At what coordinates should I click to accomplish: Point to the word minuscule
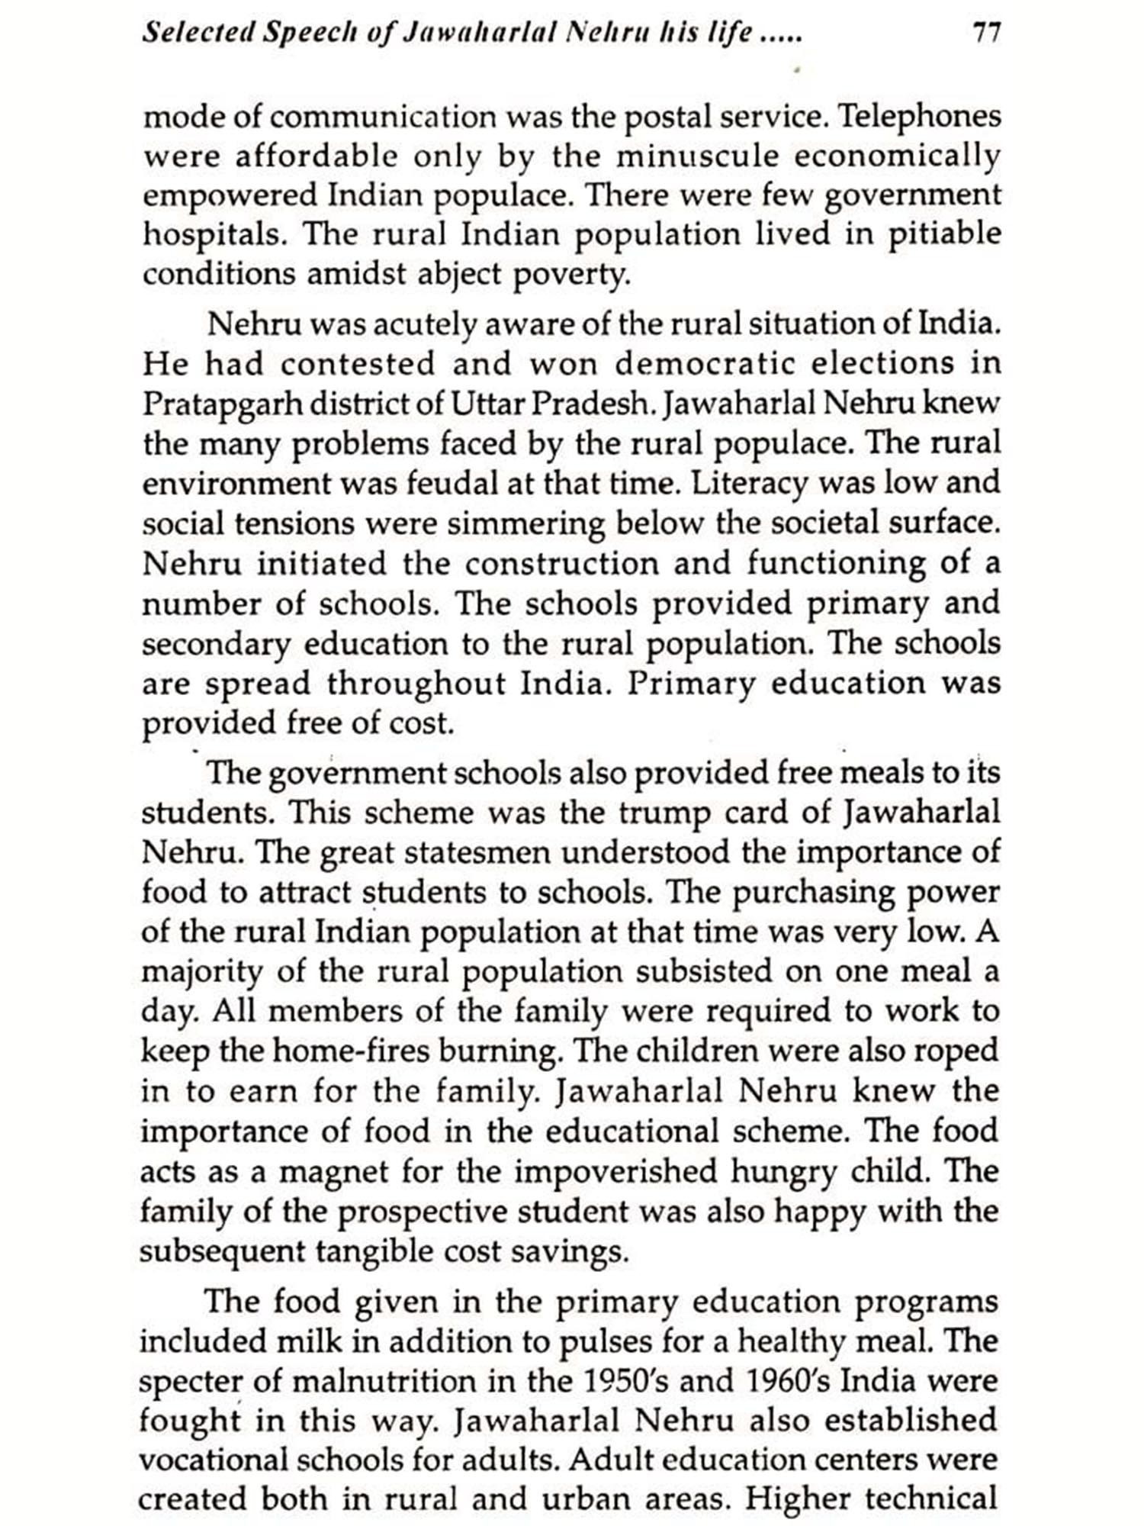[x=698, y=156]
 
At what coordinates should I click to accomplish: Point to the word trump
[x=664, y=813]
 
